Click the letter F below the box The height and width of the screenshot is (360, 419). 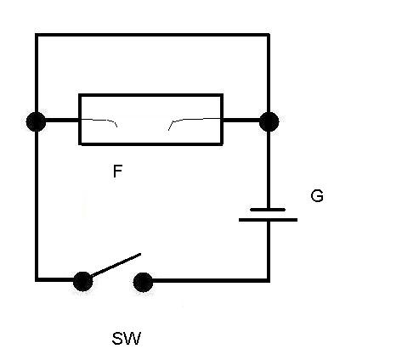pyautogui.click(x=117, y=172)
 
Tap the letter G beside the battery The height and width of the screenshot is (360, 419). pyautogui.click(x=317, y=196)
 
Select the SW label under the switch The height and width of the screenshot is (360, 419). pyautogui.click(x=127, y=339)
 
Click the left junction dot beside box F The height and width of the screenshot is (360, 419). pyautogui.click(x=36, y=121)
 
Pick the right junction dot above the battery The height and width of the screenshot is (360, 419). pyautogui.click(x=269, y=121)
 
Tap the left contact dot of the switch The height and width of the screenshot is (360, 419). pyautogui.click(x=82, y=282)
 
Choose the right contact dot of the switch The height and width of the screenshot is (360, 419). pyautogui.click(x=143, y=282)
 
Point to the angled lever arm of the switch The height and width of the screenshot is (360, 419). pyautogui.click(x=116, y=265)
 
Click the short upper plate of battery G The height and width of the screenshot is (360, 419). pyautogui.click(x=268, y=210)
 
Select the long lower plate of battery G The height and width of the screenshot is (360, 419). pyautogui.click(x=268, y=220)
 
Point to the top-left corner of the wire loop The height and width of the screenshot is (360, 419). pyautogui.click(x=37, y=35)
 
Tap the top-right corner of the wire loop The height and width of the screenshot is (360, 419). pyautogui.click(x=269, y=35)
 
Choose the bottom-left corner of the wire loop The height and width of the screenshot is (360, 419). pyautogui.click(x=37, y=280)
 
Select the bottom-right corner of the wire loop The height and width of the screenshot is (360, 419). pyautogui.click(x=269, y=280)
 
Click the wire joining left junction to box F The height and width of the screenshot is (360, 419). pyautogui.click(x=62, y=121)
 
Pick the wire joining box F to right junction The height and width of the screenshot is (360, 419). pyautogui.click(x=241, y=121)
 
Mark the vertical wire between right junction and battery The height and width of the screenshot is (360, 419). pyautogui.click(x=269, y=169)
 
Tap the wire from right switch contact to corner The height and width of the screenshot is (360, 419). pyautogui.click(x=211, y=280)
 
